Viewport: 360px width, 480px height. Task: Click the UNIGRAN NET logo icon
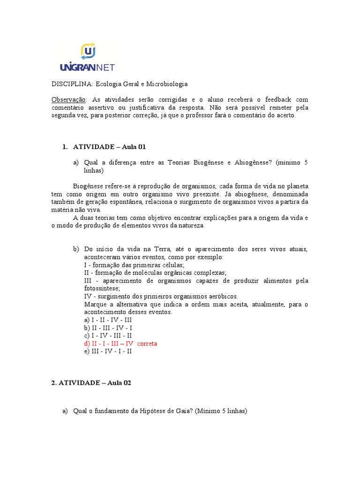[x=88, y=50]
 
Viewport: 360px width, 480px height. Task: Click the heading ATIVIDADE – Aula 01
[x=106, y=147]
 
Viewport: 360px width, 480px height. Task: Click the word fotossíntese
[x=102, y=288]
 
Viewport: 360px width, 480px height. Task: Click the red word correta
[x=147, y=344]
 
